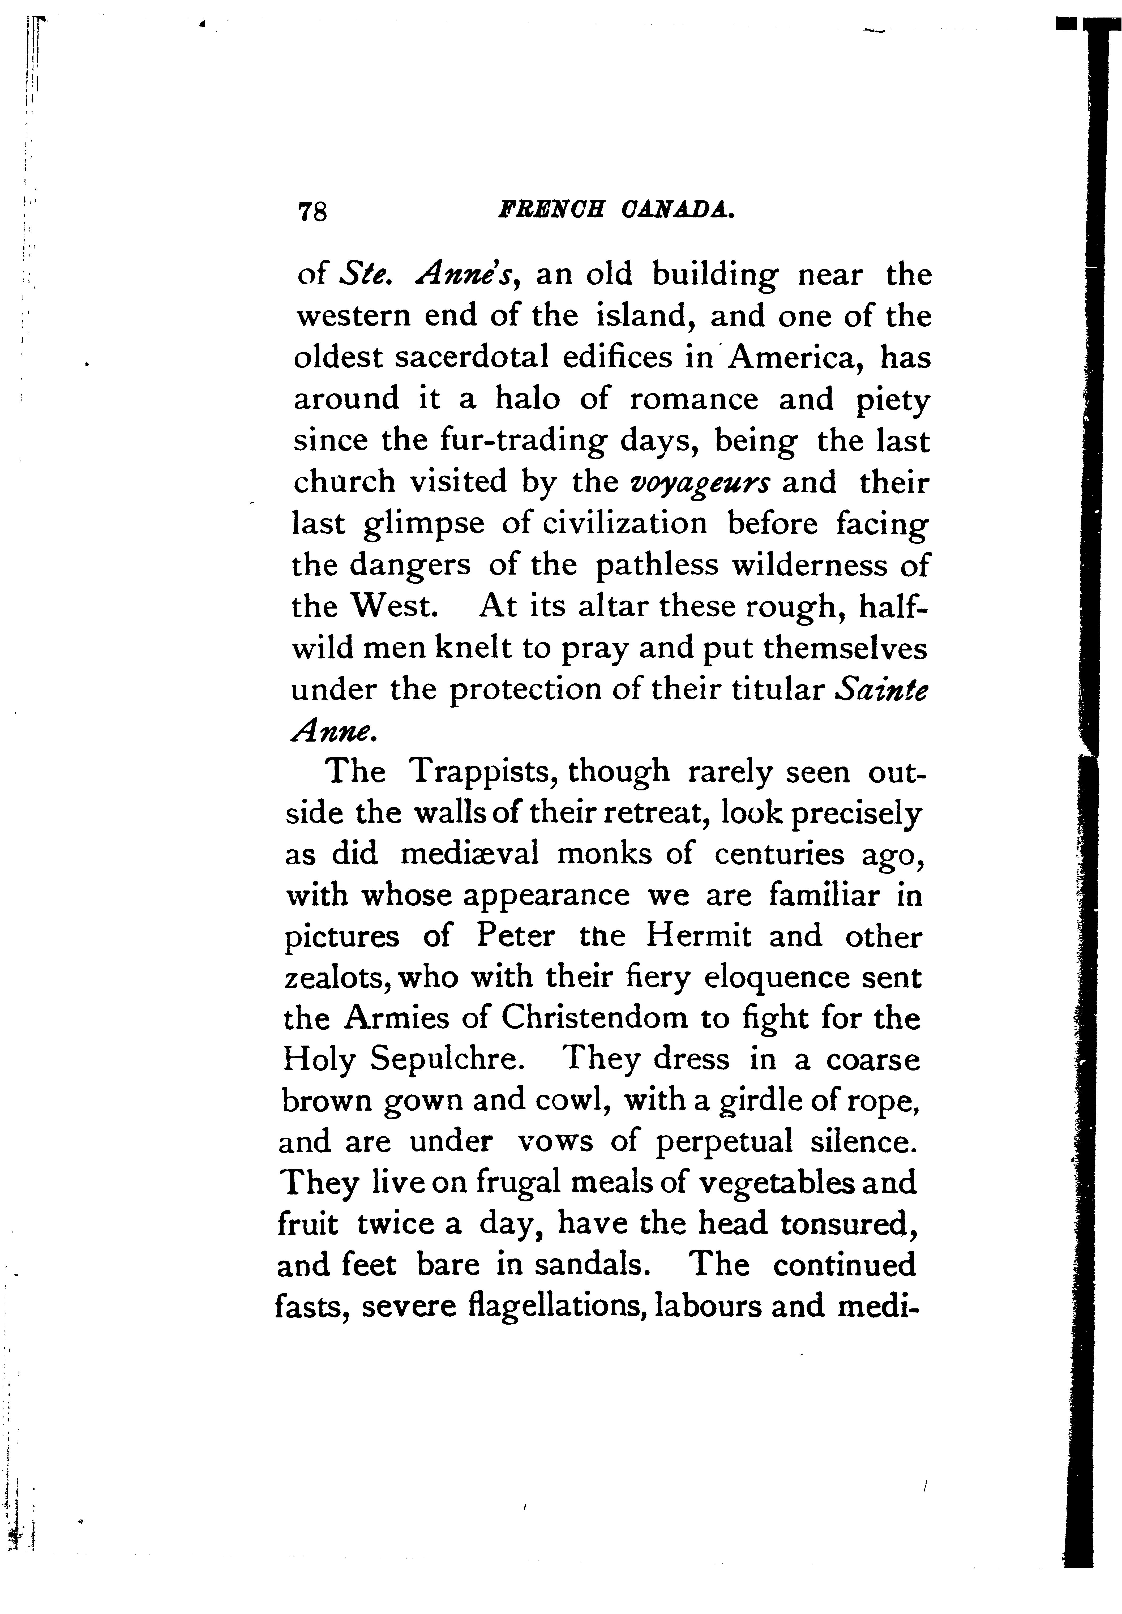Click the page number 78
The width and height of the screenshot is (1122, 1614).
(x=313, y=211)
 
